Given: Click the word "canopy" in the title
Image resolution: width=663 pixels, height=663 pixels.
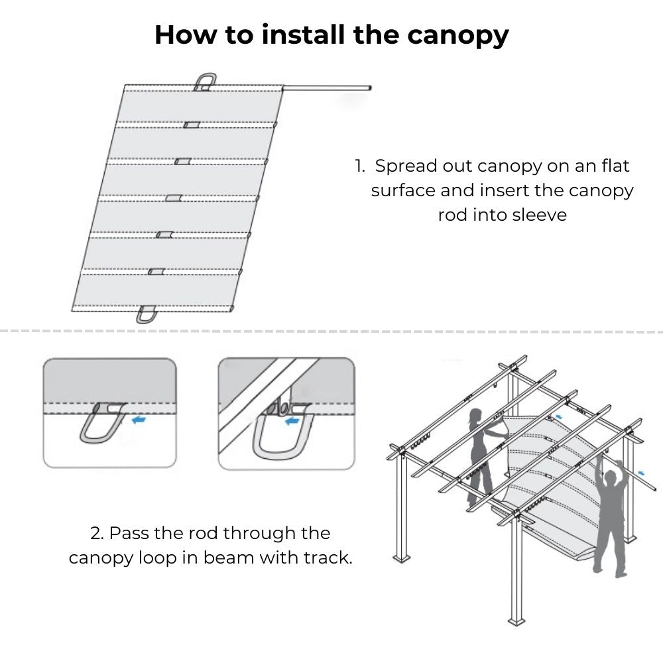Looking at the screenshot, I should pyautogui.click(x=457, y=35).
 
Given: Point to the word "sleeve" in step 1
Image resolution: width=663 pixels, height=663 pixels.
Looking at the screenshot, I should pyautogui.click(x=536, y=215).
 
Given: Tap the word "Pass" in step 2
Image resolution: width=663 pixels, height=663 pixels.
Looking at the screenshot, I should pyautogui.click(x=129, y=533).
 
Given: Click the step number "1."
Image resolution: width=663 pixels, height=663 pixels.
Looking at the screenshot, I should pyautogui.click(x=360, y=165).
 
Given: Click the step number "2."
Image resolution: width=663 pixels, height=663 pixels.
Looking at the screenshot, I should pyautogui.click(x=97, y=533).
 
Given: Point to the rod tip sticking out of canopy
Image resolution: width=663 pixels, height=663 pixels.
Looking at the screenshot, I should pyautogui.click(x=368, y=88).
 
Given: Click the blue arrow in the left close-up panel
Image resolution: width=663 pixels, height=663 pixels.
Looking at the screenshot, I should pyautogui.click(x=139, y=419).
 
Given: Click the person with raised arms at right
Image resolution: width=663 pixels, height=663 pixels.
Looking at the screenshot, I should pyautogui.click(x=609, y=517).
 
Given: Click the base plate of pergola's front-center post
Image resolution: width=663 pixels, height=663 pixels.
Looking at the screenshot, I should pyautogui.click(x=516, y=621).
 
